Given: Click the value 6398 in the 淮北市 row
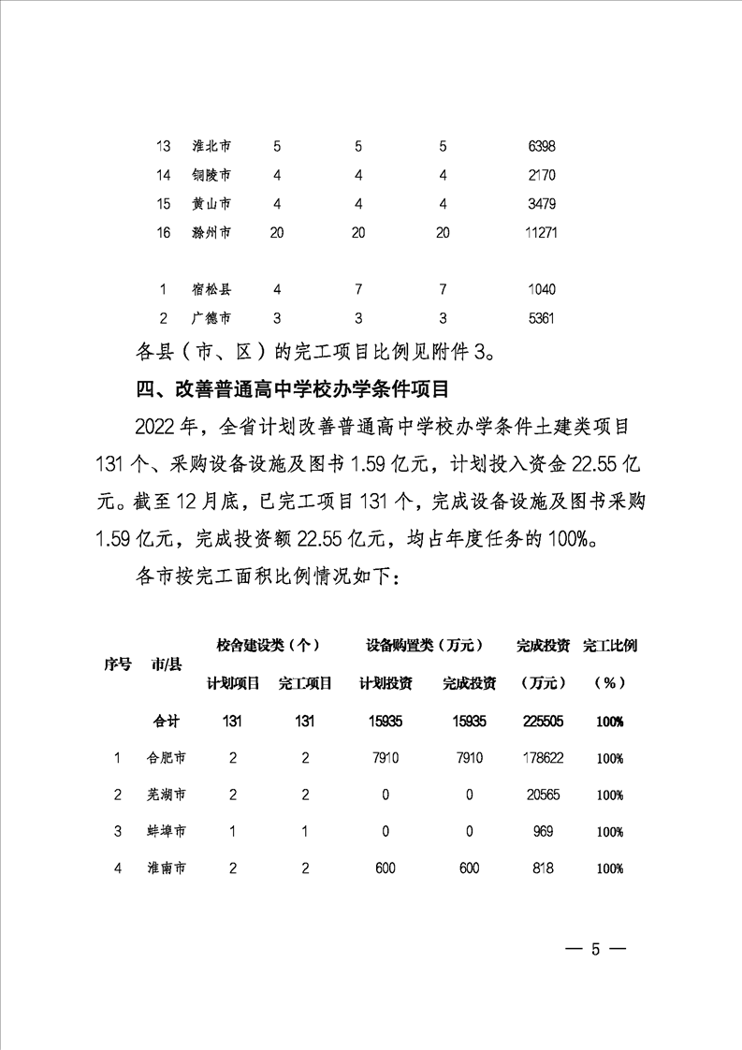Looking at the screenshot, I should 542,147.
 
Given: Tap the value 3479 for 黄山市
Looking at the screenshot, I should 542,204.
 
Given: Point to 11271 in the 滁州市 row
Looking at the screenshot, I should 542,233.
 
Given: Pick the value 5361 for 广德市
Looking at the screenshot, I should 542,318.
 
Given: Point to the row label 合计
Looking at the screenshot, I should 167,722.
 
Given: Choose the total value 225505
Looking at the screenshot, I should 542,722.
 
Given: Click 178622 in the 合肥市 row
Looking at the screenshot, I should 542,758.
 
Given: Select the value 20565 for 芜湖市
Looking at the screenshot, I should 542,795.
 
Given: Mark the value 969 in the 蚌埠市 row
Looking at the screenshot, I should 542,832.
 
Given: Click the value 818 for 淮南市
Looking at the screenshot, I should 542,868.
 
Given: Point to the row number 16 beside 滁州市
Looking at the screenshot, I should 164,233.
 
